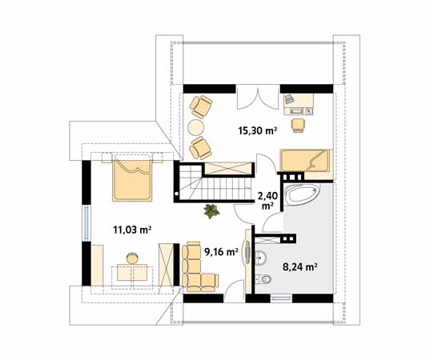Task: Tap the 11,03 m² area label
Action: pos(132,230)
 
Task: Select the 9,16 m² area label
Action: pos(221,251)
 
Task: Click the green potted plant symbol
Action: pos(211,212)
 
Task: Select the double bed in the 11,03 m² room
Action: pos(131,179)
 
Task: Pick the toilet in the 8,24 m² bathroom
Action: pos(264,278)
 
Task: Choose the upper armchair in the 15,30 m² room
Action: pos(201,106)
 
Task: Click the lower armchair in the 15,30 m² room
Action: pos(201,146)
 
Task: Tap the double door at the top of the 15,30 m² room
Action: pos(259,97)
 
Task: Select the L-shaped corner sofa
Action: pos(197,266)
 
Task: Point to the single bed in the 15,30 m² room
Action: pos(304,160)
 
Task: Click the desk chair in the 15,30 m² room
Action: pos(298,123)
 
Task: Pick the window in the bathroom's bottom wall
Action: pos(282,298)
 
